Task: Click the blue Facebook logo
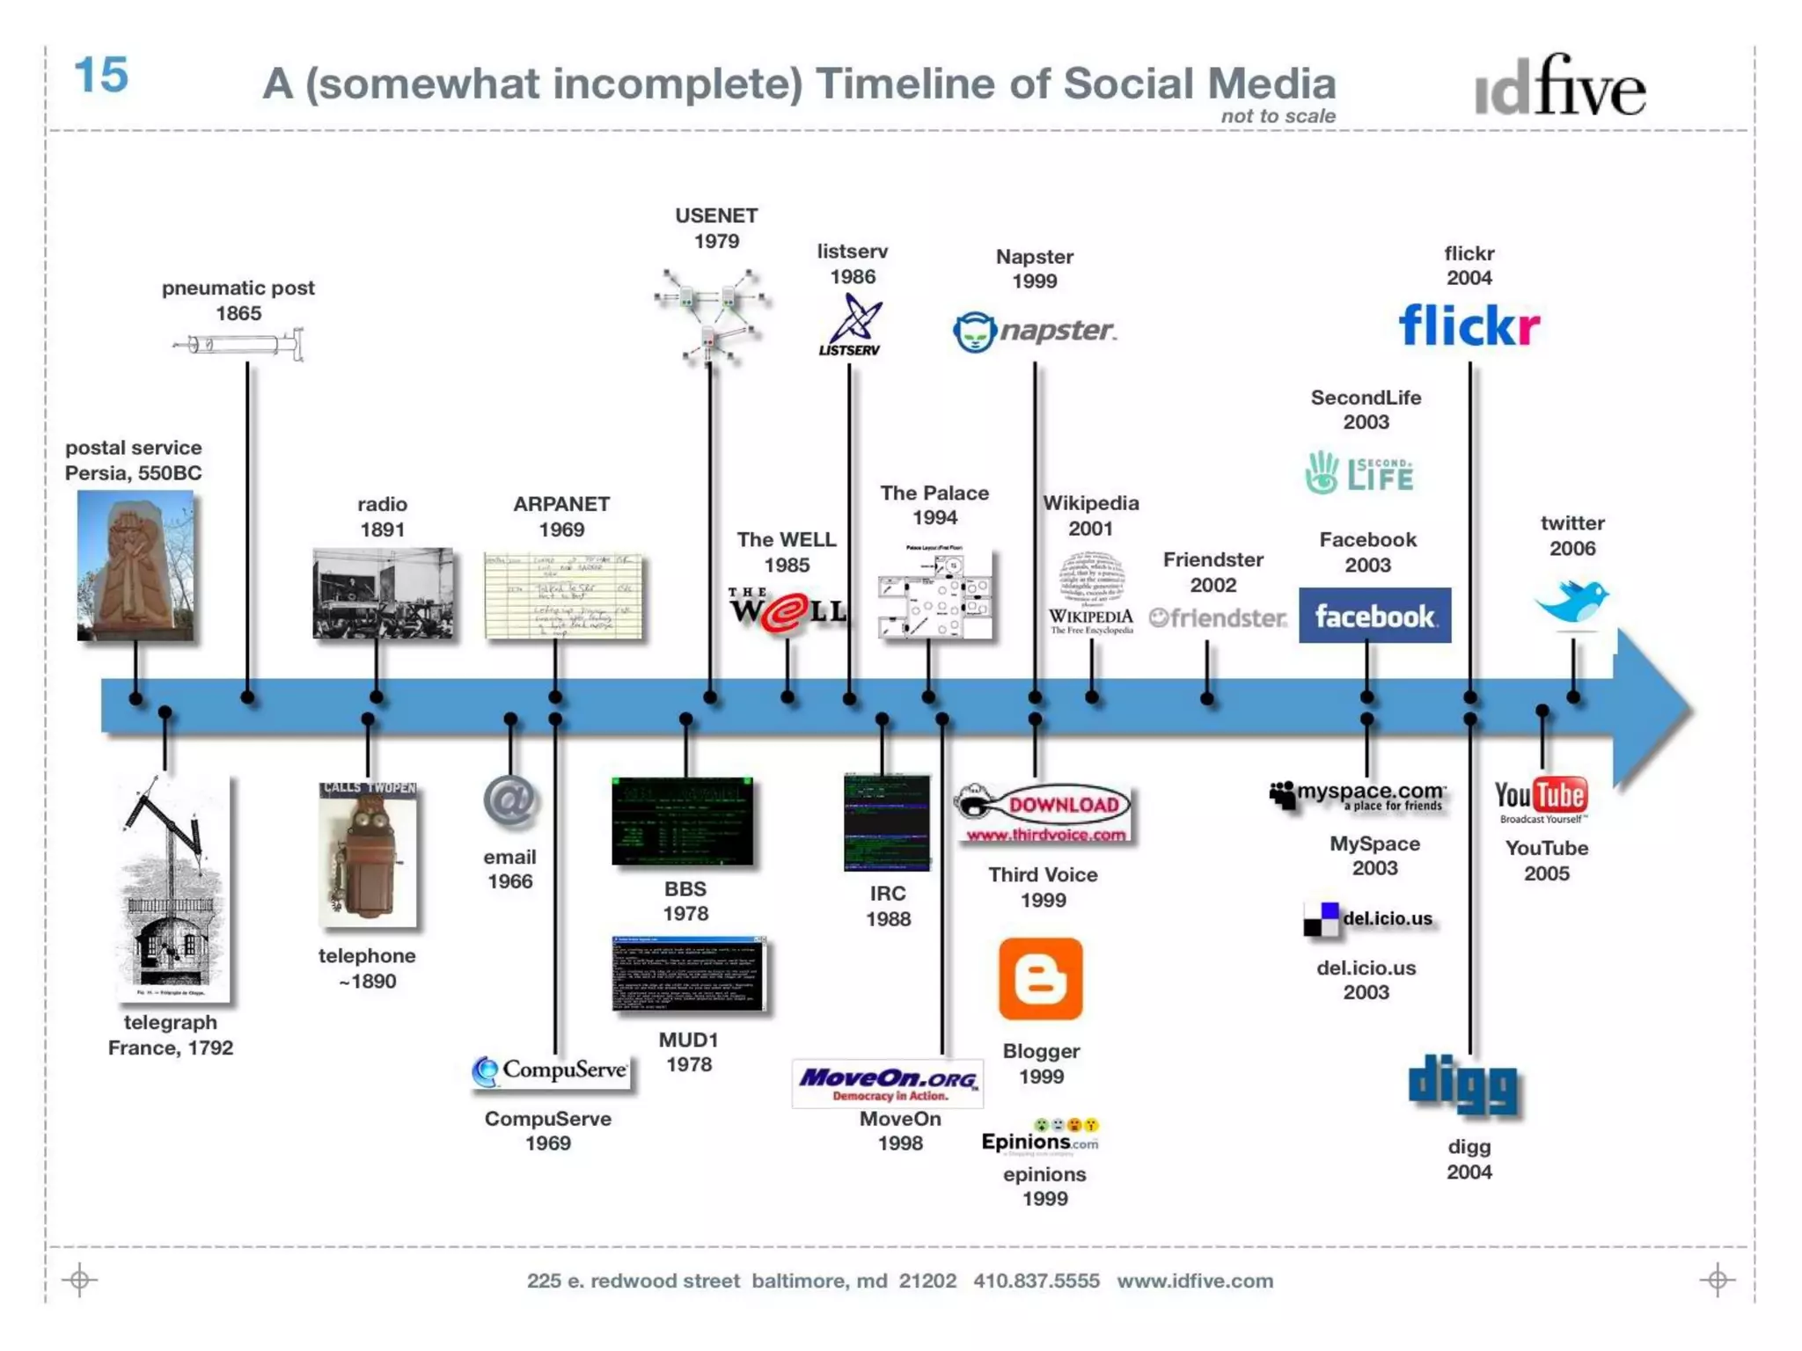point(1374,616)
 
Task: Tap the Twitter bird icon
point(1572,602)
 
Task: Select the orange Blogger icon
point(1040,979)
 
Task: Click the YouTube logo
point(1542,798)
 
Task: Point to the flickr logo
point(1469,325)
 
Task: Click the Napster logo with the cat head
point(1034,332)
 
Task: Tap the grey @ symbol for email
point(510,801)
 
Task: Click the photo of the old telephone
point(368,854)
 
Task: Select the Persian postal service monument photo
point(136,566)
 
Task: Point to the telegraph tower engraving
point(174,889)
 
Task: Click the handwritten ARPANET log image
point(563,595)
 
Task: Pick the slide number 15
point(101,76)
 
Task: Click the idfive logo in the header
point(1559,87)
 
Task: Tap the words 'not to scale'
point(1278,116)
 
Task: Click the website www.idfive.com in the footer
point(1195,1281)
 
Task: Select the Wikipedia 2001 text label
point(1090,515)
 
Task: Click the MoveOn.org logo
point(888,1084)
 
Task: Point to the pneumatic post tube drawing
point(239,344)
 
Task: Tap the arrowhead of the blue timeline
point(1652,707)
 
